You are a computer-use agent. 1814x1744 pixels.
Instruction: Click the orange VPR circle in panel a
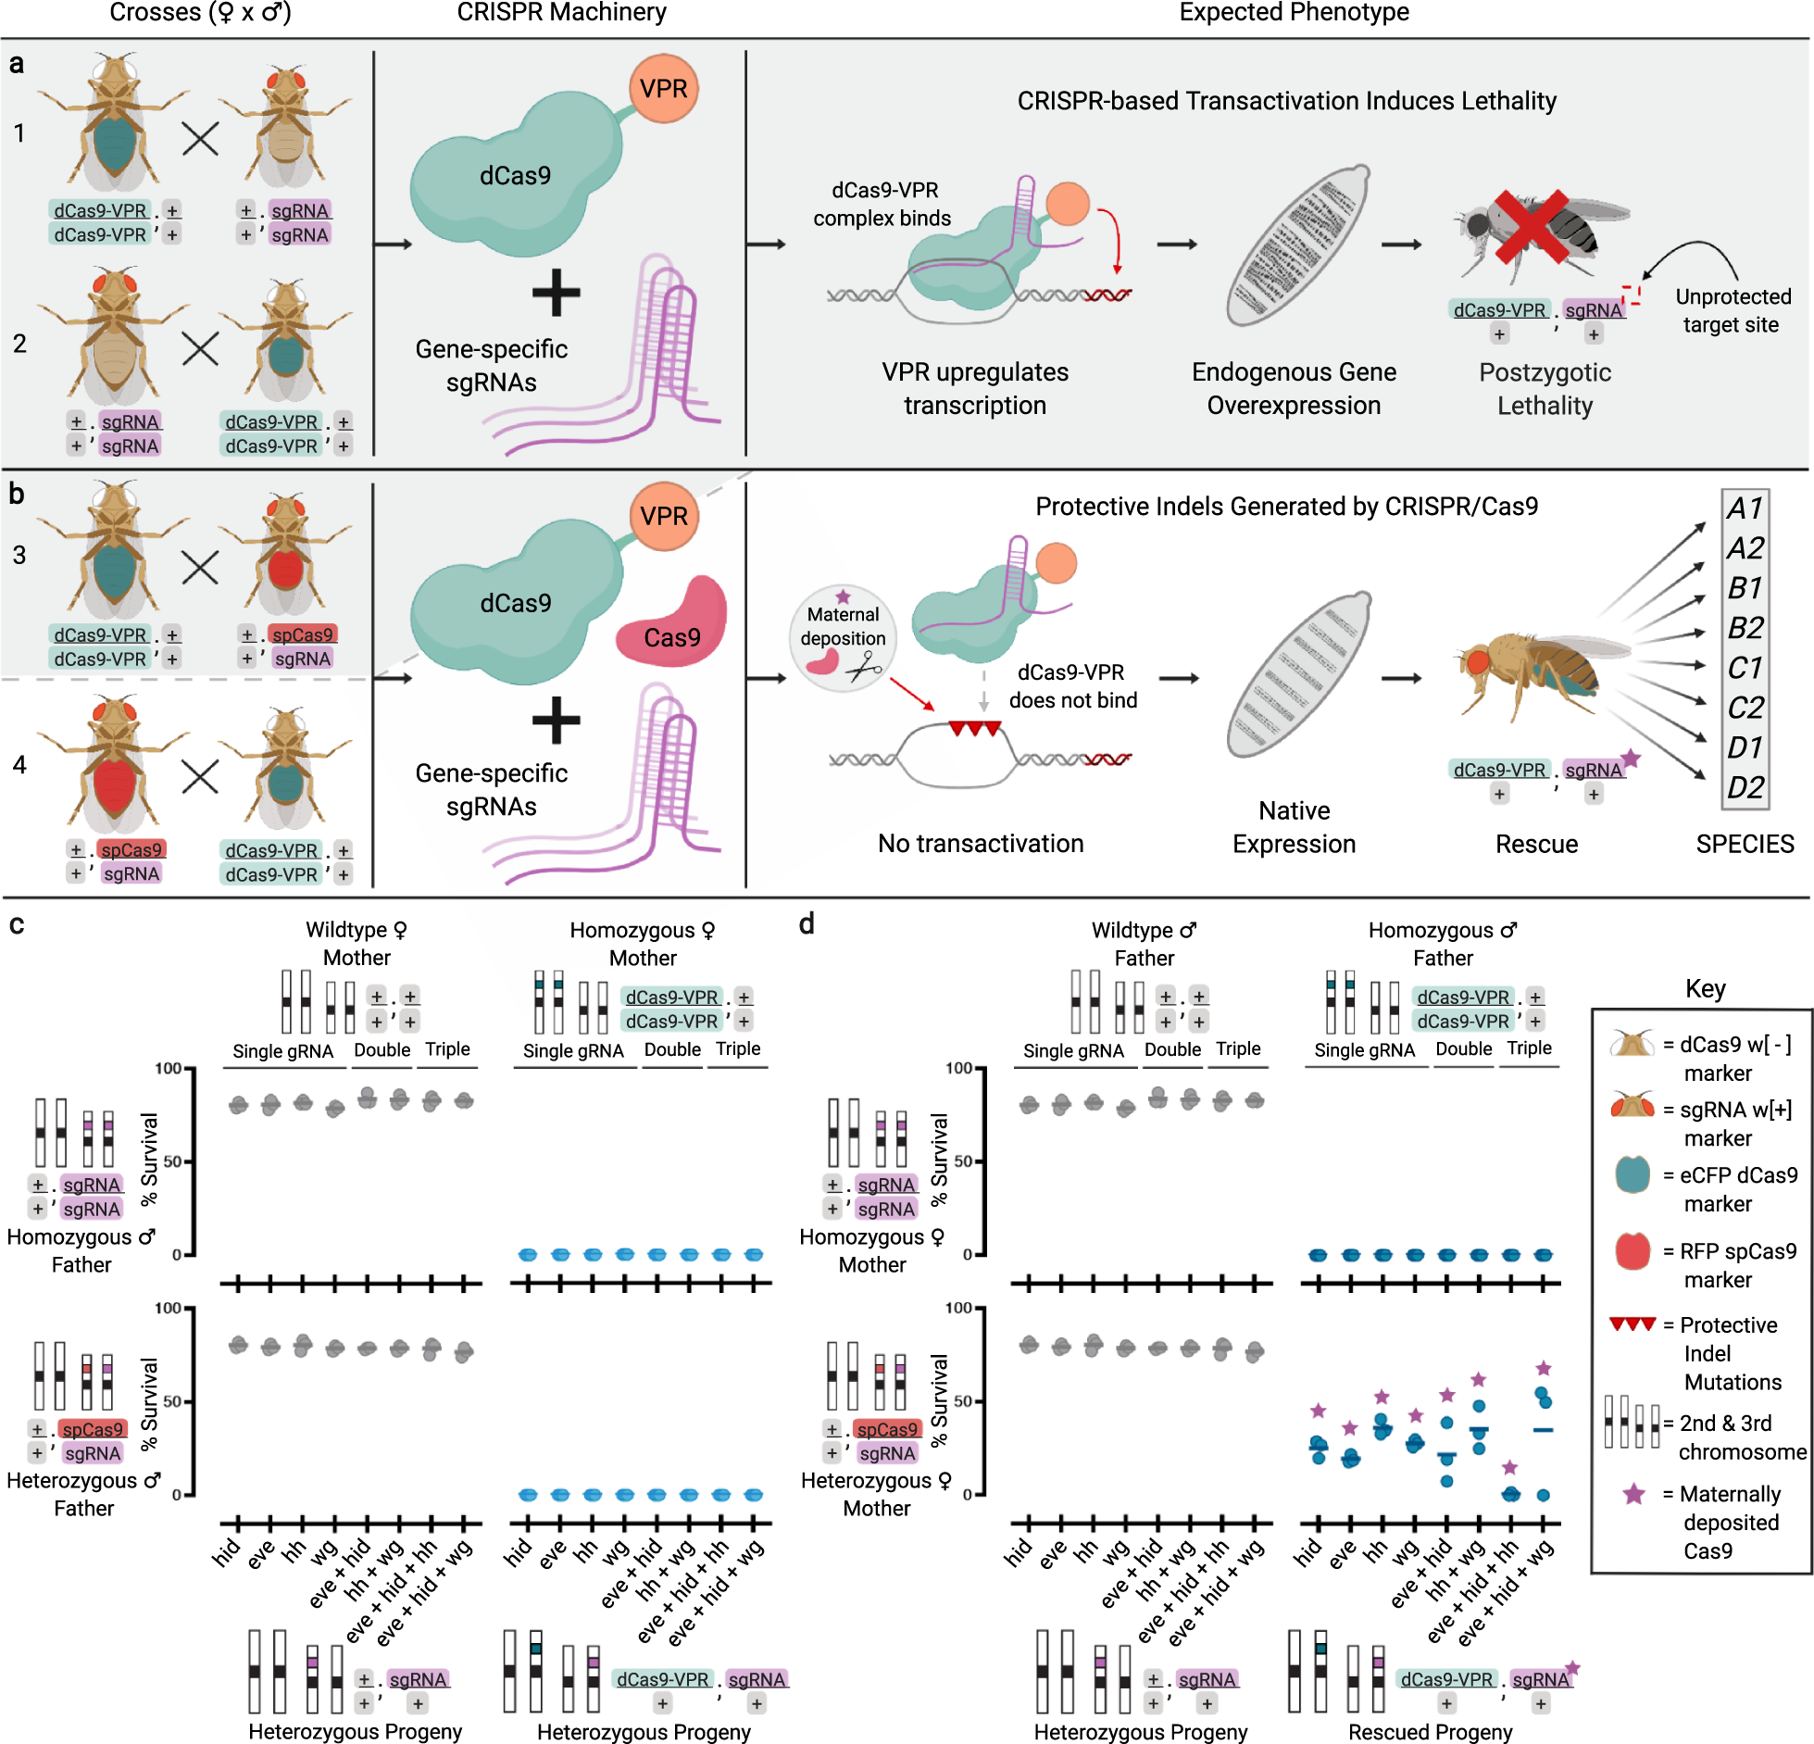click(663, 89)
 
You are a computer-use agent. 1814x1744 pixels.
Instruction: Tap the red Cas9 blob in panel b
click(672, 623)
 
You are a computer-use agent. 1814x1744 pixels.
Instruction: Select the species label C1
click(1745, 668)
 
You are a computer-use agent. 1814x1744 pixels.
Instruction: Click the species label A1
click(1745, 508)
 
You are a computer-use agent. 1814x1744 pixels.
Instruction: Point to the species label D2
click(1745, 787)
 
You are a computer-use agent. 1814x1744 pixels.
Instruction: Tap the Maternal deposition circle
click(842, 638)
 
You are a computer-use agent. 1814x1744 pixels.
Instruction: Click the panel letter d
click(807, 924)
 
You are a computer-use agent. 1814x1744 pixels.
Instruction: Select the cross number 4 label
click(19, 765)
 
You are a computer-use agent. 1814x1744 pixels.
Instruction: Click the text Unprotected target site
click(1732, 310)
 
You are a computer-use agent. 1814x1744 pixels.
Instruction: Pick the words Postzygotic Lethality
click(1545, 389)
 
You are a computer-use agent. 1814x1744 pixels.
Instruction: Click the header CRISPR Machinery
click(561, 12)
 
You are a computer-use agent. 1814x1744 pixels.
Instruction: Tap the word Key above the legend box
click(1705, 988)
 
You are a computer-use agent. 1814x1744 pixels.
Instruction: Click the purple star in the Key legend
click(1633, 1494)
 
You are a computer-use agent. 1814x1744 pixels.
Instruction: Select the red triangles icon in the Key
click(1632, 1324)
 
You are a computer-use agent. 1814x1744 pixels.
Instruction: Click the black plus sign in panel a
click(556, 293)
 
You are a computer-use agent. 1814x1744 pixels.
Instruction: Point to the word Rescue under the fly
click(1536, 844)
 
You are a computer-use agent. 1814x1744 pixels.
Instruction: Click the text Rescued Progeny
click(1430, 1731)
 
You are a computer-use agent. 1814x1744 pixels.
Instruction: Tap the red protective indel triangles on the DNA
click(974, 729)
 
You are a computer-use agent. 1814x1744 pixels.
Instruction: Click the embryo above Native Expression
click(1298, 674)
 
